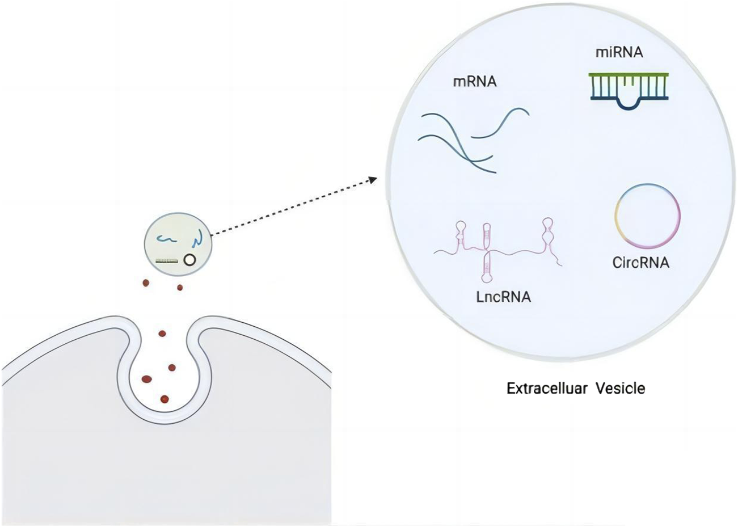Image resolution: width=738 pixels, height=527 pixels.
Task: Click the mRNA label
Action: click(x=474, y=82)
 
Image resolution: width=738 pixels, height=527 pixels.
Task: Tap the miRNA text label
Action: click(x=619, y=52)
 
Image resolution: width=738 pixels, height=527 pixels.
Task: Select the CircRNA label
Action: click(x=640, y=263)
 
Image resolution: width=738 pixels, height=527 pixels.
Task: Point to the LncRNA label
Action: click(x=503, y=296)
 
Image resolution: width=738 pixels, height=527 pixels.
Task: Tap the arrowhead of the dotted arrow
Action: click(x=372, y=179)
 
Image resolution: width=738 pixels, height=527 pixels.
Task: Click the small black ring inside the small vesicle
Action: click(x=189, y=260)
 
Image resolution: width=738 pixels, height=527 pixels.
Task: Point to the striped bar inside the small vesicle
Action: click(x=167, y=261)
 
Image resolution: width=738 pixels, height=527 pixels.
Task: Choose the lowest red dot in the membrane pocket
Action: click(x=165, y=399)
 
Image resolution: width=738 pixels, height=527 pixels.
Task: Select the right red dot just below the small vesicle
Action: click(x=180, y=288)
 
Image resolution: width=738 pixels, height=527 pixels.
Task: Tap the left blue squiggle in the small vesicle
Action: click(x=166, y=239)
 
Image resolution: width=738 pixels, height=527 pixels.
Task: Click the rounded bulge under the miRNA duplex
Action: click(x=628, y=103)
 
